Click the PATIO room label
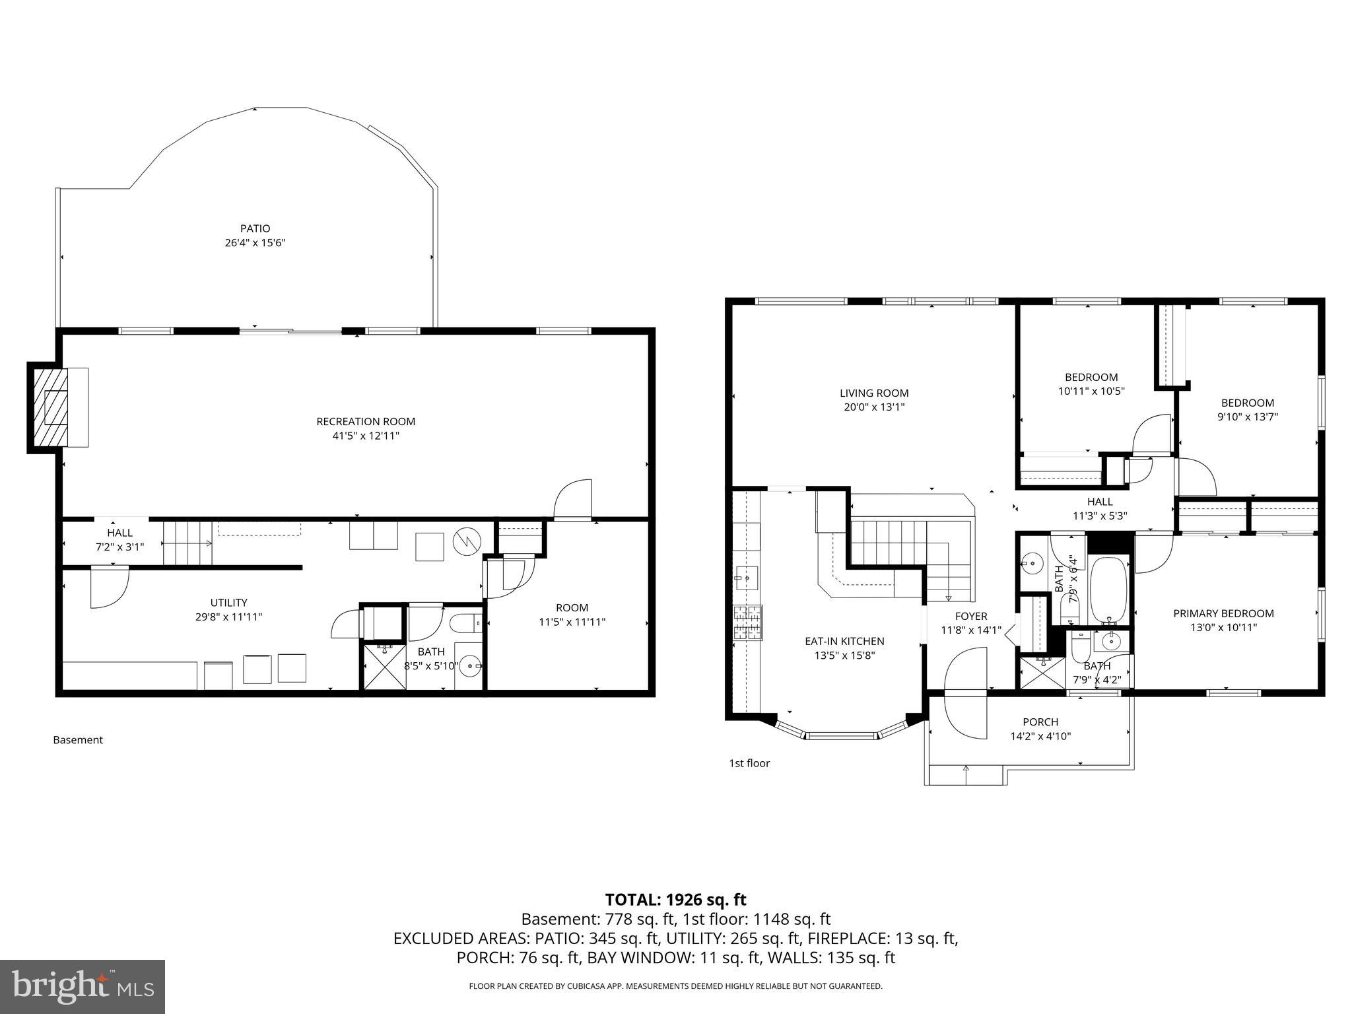pos(255,228)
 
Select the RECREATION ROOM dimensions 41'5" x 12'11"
pos(365,436)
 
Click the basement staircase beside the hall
pos(187,543)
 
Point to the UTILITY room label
pos(228,602)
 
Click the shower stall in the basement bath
pos(383,667)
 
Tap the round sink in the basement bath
pos(471,665)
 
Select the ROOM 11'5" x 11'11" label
pos(572,615)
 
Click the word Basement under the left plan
pos(78,740)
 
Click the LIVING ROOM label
pos(874,393)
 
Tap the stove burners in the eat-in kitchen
pos(747,623)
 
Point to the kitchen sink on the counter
pos(747,578)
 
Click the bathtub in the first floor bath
pos(1109,589)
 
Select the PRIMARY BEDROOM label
pos(1223,613)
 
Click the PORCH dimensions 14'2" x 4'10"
pos(1040,736)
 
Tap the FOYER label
pos(971,616)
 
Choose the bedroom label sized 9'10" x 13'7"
pos(1247,409)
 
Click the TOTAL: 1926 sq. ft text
pos(675,899)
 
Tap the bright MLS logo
pos(83,986)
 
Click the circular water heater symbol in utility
pos(465,542)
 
